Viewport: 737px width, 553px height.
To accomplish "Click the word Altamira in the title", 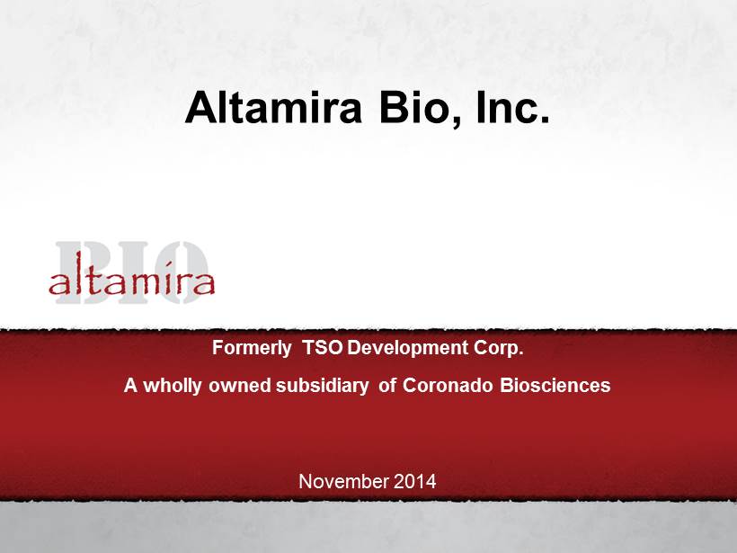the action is tap(273, 107).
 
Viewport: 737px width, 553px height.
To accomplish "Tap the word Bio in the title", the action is tap(413, 107).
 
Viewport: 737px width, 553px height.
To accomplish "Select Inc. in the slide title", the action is tap(513, 107).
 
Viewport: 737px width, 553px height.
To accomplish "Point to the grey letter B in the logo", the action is tap(84, 272).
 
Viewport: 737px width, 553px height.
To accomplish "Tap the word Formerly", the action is tap(252, 349).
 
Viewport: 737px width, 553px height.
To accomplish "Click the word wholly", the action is tap(173, 386).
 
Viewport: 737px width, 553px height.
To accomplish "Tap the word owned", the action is tap(240, 386).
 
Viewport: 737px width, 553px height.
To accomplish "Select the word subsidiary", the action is tap(323, 386).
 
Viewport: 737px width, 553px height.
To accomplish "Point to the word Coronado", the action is tap(448, 386).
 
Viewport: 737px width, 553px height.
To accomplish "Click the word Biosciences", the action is tap(555, 386).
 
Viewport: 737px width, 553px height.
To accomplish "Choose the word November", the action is tap(344, 482).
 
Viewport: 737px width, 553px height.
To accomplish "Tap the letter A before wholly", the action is tap(130, 386).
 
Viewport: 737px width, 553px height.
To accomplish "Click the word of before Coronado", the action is tap(386, 386).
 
